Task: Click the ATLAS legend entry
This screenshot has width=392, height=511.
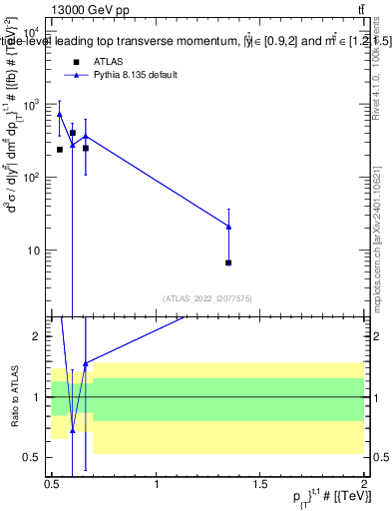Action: point(108,61)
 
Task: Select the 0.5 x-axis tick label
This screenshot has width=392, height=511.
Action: point(52,488)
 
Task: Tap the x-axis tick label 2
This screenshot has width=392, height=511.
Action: point(363,488)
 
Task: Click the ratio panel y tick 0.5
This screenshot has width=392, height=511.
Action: point(35,457)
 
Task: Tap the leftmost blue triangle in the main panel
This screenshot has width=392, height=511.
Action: point(60,114)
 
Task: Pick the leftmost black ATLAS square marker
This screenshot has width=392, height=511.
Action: point(60,150)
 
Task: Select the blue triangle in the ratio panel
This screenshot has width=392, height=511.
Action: point(73,430)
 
